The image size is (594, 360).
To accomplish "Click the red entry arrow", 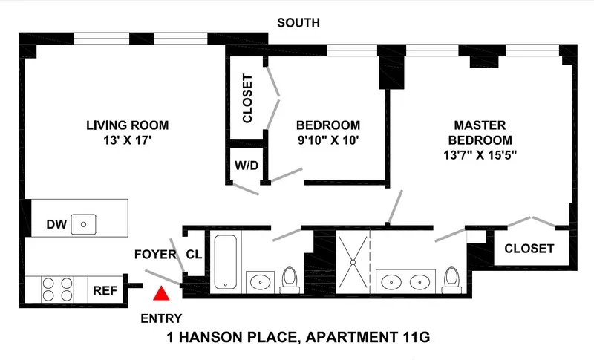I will (x=160, y=294).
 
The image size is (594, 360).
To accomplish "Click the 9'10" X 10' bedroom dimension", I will (x=327, y=140).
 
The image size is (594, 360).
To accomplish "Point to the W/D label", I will (x=246, y=165).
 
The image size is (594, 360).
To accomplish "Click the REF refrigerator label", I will (x=103, y=291).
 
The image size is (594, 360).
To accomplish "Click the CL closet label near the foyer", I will (x=194, y=255).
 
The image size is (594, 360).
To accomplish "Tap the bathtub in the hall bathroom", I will (x=225, y=261).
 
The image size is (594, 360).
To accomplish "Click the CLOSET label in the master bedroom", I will (x=529, y=249).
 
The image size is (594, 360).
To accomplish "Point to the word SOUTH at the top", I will (x=298, y=23).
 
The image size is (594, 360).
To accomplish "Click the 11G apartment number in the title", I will (x=413, y=338).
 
